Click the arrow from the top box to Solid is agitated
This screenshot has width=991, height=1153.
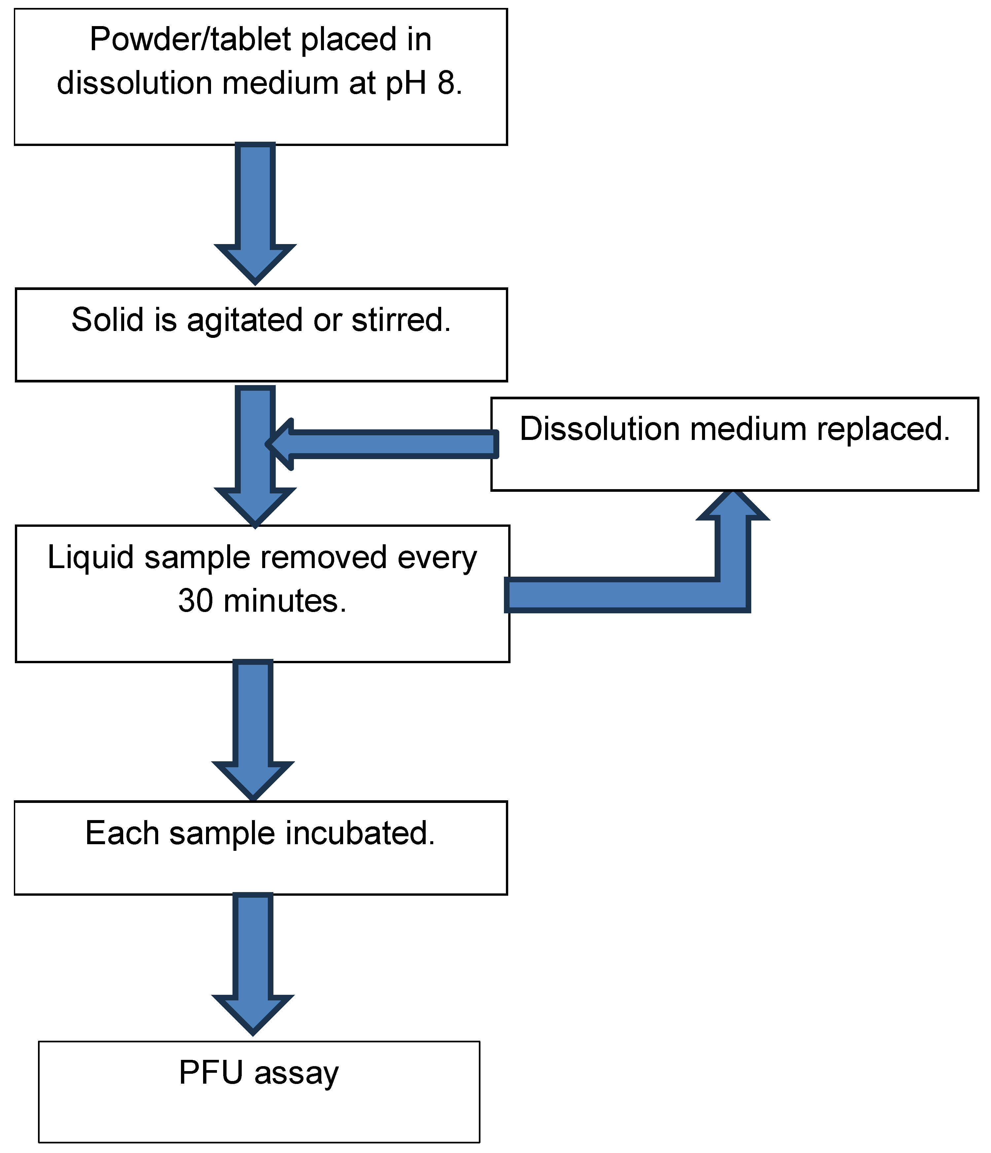point(255,211)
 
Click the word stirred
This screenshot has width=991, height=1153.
point(401,320)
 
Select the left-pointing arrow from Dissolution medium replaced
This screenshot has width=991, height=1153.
point(384,444)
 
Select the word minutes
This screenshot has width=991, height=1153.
point(285,601)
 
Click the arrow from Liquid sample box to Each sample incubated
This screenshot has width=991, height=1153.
point(253,729)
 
